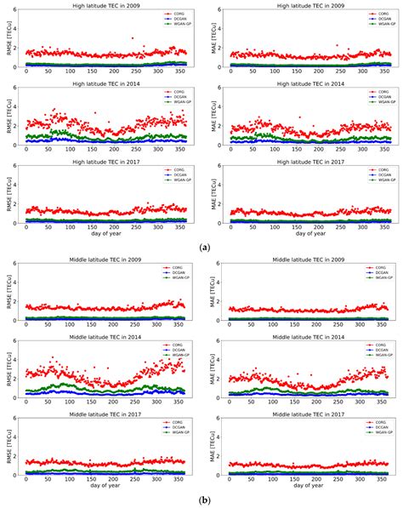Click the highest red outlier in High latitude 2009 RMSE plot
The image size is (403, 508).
coord(131,38)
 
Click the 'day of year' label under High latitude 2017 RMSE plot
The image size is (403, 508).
coord(107,235)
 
